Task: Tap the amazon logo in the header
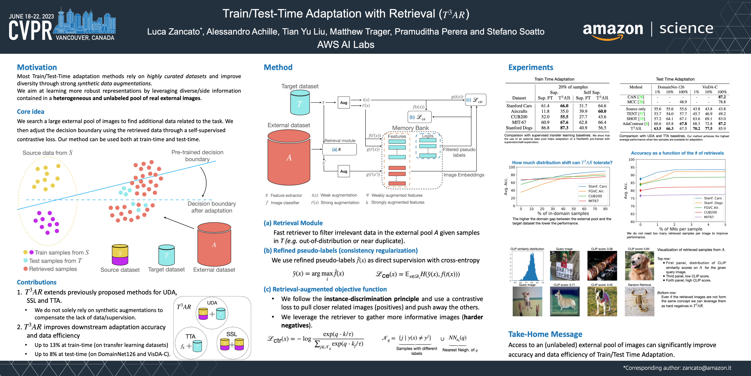(x=613, y=30)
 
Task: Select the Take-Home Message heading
(x=545, y=334)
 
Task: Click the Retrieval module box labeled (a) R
(x=339, y=149)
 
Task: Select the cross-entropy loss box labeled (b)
(x=419, y=117)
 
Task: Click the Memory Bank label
(x=410, y=128)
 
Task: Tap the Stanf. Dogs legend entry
(x=713, y=203)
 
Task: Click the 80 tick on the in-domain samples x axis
(x=605, y=209)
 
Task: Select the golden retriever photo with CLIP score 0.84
(x=639, y=266)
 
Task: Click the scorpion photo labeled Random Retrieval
(x=639, y=301)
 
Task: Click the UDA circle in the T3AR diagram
(x=212, y=312)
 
